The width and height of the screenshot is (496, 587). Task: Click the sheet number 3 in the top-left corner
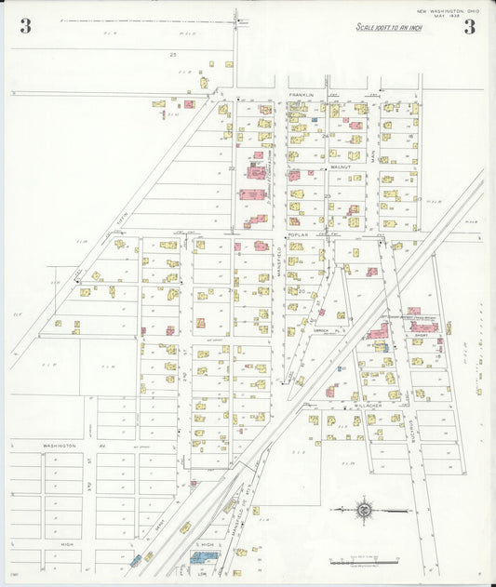pyautogui.click(x=25, y=27)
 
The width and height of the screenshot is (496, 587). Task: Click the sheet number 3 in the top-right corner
pyautogui.click(x=470, y=27)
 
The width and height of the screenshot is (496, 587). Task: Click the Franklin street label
pyautogui.click(x=301, y=95)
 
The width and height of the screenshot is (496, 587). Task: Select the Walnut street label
pyautogui.click(x=341, y=167)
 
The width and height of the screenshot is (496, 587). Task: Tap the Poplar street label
pyautogui.click(x=297, y=236)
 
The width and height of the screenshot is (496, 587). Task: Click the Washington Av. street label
pyautogui.click(x=59, y=447)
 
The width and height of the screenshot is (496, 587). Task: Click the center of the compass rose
pyautogui.click(x=364, y=510)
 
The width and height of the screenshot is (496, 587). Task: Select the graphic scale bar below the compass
pyautogui.click(x=364, y=562)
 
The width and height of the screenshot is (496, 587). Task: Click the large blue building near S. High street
pyautogui.click(x=204, y=556)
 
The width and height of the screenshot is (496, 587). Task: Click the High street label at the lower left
pyautogui.click(x=59, y=544)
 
